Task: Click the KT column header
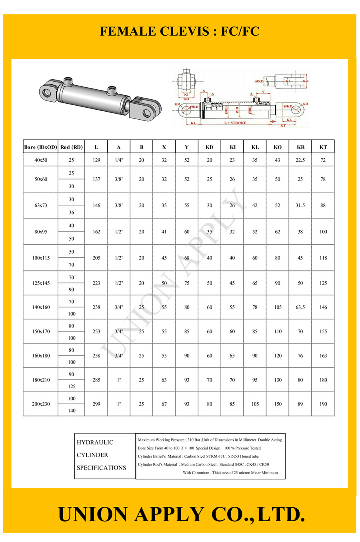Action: [x=323, y=147]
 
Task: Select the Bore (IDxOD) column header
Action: [x=40, y=147]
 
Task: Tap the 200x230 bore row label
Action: [x=41, y=404]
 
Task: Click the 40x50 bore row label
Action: [x=41, y=160]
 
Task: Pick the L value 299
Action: [x=96, y=404]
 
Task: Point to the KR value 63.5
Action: [x=300, y=307]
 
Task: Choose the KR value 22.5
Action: [x=300, y=160]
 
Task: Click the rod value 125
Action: [x=72, y=386]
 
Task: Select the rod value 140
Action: [x=72, y=410]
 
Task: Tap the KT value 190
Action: [x=323, y=404]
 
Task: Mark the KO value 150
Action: [x=278, y=404]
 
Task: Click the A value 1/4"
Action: [x=119, y=160]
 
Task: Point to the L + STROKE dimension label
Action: [x=235, y=123]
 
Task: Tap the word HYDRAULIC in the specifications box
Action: [x=95, y=442]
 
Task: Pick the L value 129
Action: [x=96, y=160]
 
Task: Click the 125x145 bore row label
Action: [x=41, y=283]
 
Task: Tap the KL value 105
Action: [x=255, y=404]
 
